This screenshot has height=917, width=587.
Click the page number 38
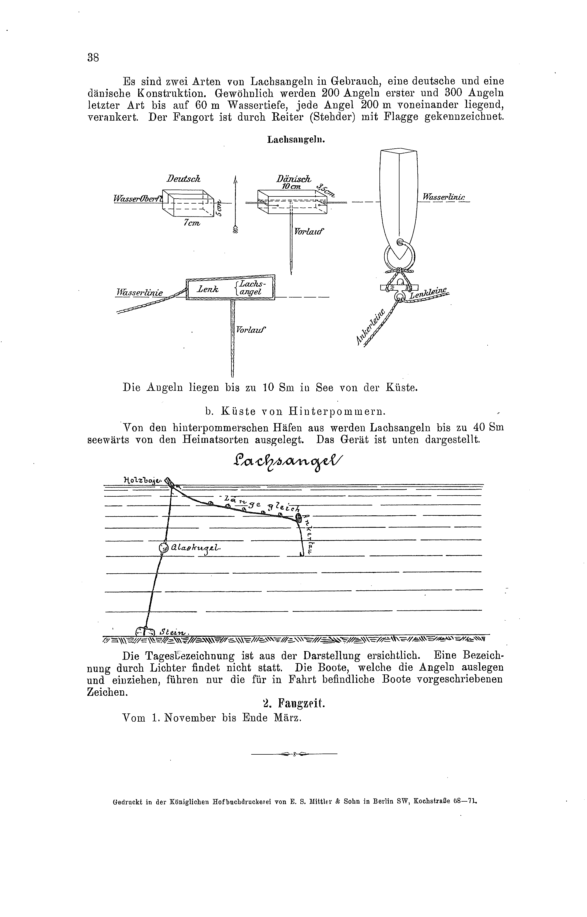tap(93, 58)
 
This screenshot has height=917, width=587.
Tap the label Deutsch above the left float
tap(183, 179)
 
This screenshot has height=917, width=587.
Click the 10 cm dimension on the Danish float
tap(291, 187)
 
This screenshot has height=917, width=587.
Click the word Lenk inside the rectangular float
tap(208, 289)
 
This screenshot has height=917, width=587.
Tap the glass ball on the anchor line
tap(163, 548)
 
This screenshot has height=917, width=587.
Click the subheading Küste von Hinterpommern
tap(295, 412)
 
